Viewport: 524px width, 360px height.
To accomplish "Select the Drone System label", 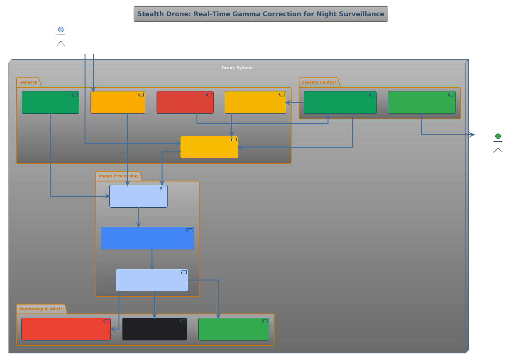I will coord(237,68).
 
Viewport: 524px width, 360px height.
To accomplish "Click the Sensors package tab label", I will coord(28,82).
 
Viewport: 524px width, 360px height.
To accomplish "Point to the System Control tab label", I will coord(319,82).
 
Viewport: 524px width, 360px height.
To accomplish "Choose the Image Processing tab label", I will coord(118,176).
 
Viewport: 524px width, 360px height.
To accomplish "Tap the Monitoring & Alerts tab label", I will coord(41,309).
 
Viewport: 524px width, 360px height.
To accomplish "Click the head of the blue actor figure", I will coord(61,30).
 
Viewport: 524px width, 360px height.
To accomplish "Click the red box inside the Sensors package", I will coord(185,102).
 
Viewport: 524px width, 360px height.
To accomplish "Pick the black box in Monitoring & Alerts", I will coord(154,329).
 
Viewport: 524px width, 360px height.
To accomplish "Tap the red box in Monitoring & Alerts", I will coord(66,329).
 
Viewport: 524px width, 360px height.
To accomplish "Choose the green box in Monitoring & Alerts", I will coord(234,329).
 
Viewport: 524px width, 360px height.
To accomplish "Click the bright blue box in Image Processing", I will coord(147,238).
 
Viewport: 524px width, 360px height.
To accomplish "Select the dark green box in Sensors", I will coord(50,102).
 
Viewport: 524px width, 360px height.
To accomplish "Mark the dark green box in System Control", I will coord(340,102).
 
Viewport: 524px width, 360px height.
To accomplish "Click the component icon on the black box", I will coord(182,321).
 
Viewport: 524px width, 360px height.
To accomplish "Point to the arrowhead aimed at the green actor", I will coord(472,135).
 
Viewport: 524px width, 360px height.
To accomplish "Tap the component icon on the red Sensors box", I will coord(209,95).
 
